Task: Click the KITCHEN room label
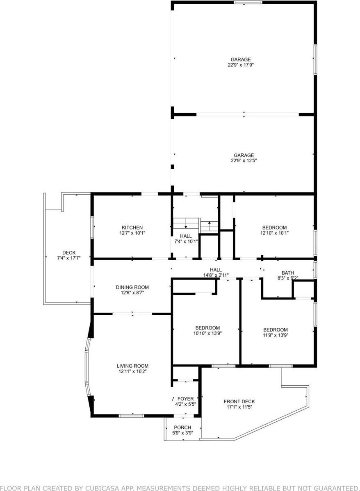[x=132, y=227]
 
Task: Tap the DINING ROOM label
[x=132, y=287]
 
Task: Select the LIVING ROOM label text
[x=132, y=366]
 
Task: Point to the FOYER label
[x=185, y=399]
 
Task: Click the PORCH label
[x=182, y=427]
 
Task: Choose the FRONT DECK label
[x=239, y=402]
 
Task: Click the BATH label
[x=287, y=273]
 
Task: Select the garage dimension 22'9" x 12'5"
[x=244, y=161]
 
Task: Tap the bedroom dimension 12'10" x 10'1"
[x=274, y=233]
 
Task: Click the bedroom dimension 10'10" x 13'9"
[x=207, y=333]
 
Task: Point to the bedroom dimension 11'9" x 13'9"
[x=275, y=335]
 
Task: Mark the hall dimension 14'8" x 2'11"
[x=216, y=275]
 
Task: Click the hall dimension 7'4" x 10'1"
[x=186, y=241]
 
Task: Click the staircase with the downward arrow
[x=185, y=224]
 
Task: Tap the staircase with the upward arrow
[x=209, y=226]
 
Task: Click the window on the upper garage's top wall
[x=248, y=2]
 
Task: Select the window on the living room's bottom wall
[x=131, y=416]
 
